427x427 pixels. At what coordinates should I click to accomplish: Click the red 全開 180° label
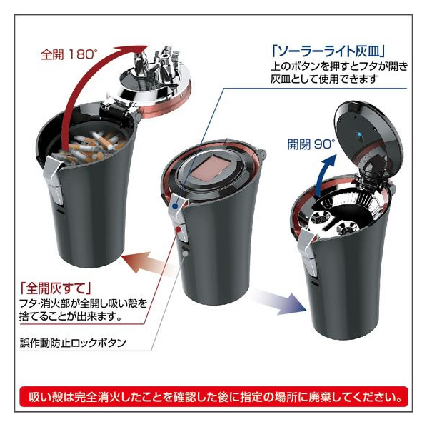[69, 54]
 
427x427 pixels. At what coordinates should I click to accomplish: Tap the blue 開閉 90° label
[311, 144]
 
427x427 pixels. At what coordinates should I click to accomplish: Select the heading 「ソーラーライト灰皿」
[328, 51]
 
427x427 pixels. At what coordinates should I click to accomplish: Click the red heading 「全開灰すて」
[55, 288]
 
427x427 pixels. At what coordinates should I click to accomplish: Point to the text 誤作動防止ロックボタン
[73, 343]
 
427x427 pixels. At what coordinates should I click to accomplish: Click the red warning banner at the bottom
[213, 397]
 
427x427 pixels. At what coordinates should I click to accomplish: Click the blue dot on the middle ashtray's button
[176, 206]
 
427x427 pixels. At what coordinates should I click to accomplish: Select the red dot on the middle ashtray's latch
[178, 230]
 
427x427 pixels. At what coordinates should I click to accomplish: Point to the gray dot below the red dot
[185, 253]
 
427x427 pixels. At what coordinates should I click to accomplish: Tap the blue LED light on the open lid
[359, 134]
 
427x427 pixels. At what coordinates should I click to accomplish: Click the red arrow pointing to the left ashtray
[149, 263]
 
